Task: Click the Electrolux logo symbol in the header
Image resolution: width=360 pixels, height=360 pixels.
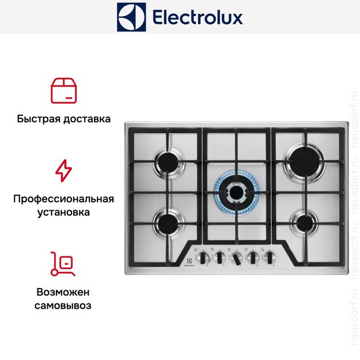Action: point(131,17)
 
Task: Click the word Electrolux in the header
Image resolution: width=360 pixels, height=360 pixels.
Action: point(198,17)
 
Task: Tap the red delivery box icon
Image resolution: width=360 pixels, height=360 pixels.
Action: point(64,91)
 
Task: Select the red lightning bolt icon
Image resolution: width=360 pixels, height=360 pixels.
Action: point(63,171)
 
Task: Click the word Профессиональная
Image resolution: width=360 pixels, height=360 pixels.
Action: point(63,199)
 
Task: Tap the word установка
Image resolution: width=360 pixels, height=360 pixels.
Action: point(63,213)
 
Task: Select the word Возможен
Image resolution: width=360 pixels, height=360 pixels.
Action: point(63,291)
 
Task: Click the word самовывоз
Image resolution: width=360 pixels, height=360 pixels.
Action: point(63,305)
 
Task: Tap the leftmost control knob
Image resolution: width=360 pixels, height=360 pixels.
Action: point(204,256)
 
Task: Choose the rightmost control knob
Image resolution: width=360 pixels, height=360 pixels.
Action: point(268,256)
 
